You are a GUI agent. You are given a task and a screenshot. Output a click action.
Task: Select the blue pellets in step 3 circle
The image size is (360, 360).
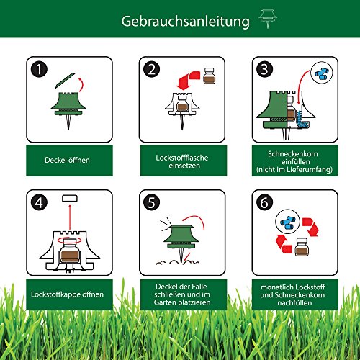pyautogui.click(x=321, y=74)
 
